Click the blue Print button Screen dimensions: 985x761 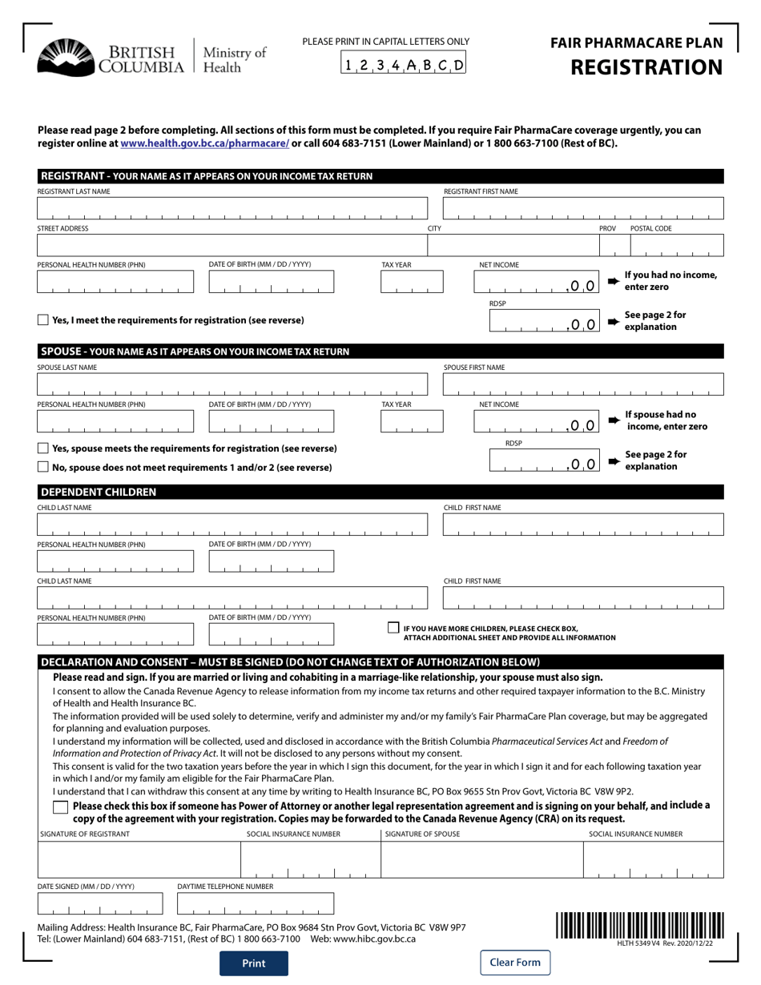point(254,963)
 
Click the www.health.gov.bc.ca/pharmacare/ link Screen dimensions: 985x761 point(204,143)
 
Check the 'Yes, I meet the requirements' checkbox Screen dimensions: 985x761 point(43,320)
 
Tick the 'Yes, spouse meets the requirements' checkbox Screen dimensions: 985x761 point(43,448)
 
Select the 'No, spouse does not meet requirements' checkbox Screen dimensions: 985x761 point(43,467)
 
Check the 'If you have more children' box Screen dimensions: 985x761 point(393,629)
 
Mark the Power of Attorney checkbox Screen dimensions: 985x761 point(60,808)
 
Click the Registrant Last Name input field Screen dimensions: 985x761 point(232,208)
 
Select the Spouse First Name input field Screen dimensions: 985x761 point(583,384)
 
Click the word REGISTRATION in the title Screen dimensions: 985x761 point(646,67)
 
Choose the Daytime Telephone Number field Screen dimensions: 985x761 point(255,903)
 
